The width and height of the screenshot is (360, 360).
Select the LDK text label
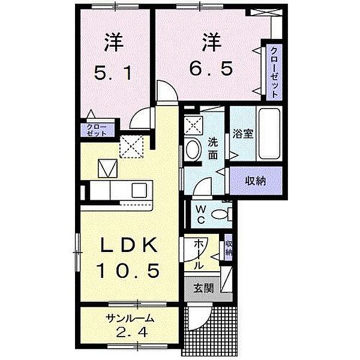128,246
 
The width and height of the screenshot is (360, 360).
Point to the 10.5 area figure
129,271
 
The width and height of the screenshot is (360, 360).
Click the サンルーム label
130,319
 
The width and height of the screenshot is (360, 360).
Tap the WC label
200,213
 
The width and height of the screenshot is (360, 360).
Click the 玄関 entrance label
202,287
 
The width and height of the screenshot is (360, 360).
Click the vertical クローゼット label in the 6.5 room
274,72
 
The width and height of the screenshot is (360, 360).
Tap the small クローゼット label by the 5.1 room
96,130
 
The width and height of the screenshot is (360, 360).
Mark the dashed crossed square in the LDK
131,145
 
